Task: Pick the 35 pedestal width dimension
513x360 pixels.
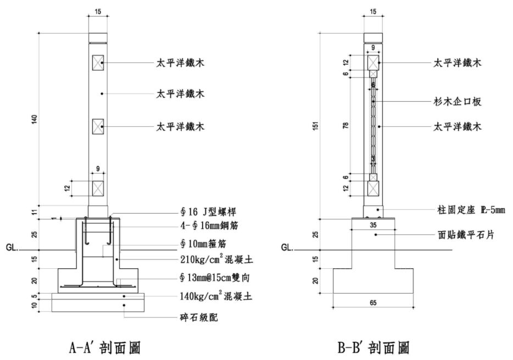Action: pyautogui.click(x=373, y=224)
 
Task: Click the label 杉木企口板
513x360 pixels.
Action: pyautogui.click(x=457, y=102)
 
